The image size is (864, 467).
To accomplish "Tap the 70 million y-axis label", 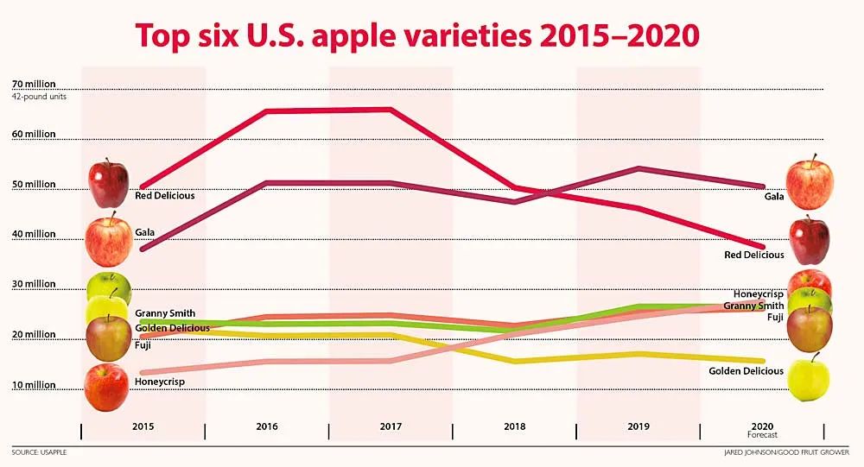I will tap(34, 85).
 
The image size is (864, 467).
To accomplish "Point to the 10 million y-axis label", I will tap(34, 385).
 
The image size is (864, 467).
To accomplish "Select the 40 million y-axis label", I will tap(34, 234).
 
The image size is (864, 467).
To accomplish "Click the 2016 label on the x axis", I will tap(267, 426).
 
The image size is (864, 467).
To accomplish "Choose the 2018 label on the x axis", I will tap(514, 426).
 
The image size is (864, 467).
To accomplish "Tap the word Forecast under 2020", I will tap(762, 435).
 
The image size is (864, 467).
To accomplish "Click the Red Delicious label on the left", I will tap(165, 195).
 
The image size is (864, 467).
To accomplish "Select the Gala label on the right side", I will tap(774, 197).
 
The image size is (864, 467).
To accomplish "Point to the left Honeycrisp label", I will tap(160, 381).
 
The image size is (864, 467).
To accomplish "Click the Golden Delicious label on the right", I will tap(746, 371).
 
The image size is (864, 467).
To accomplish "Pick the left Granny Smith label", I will tap(165, 313).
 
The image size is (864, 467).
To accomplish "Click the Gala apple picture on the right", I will tap(810, 183).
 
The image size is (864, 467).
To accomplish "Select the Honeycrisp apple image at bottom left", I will tap(107, 387).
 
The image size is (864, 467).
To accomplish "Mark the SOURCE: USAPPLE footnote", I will tap(39, 452).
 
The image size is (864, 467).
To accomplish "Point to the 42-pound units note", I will tap(39, 96).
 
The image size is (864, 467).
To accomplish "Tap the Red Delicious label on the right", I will tap(753, 255).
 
